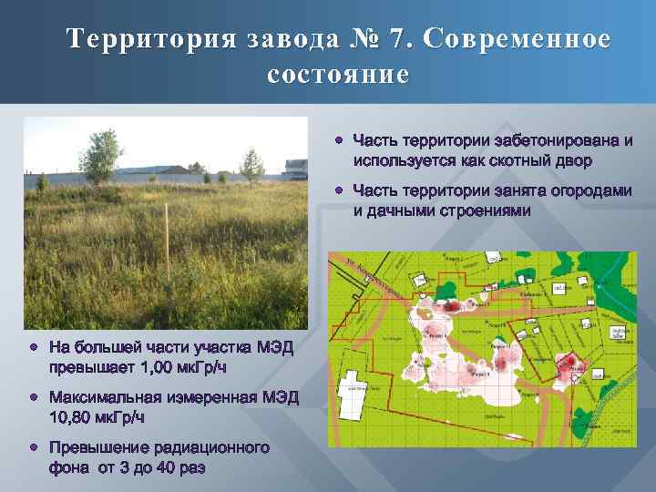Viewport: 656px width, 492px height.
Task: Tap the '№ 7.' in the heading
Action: coord(371,41)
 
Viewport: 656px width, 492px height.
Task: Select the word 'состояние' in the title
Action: coord(339,74)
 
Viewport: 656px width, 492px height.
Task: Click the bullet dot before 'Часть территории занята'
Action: coord(337,190)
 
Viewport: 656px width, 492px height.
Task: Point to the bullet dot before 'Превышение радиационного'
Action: coord(34,447)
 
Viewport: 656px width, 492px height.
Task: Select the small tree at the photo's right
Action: coord(251,166)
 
